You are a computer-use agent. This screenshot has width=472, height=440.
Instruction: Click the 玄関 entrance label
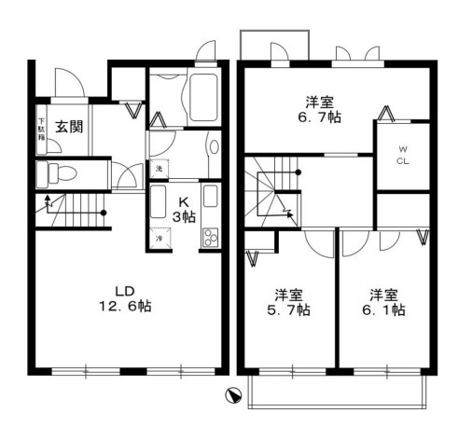[x=68, y=127]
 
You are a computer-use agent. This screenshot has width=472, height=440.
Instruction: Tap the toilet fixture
[x=58, y=172]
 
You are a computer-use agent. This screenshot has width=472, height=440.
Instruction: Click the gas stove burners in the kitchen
[x=210, y=237]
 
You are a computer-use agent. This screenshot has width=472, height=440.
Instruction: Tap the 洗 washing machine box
[x=159, y=169]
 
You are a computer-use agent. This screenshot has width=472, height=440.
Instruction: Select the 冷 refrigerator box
[x=159, y=239]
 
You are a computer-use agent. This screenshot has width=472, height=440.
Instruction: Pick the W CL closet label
[x=403, y=154]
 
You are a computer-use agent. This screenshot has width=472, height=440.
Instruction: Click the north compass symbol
[x=234, y=394]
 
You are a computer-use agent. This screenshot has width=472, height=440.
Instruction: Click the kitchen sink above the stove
[x=210, y=199]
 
